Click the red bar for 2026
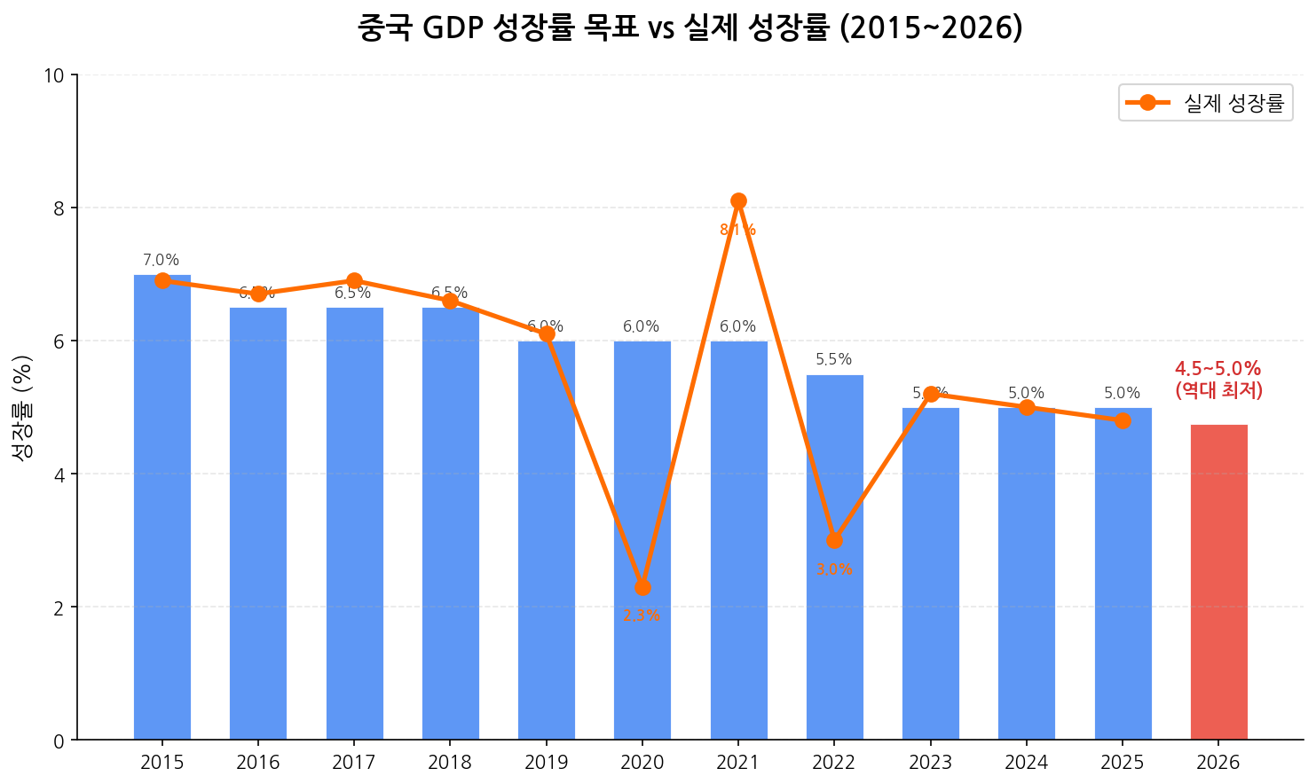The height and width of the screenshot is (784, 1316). pyautogui.click(x=1218, y=582)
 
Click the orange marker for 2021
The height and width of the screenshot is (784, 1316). pyautogui.click(x=738, y=201)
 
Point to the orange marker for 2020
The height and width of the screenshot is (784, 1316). pyautogui.click(x=642, y=587)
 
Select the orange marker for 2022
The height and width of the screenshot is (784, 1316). pyautogui.click(x=834, y=540)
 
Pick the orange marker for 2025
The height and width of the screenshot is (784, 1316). pyautogui.click(x=1123, y=420)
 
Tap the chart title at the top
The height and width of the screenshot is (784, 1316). pyautogui.click(x=690, y=28)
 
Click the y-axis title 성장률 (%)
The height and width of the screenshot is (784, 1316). pyautogui.click(x=22, y=407)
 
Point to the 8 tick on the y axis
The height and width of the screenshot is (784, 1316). pyautogui.click(x=59, y=208)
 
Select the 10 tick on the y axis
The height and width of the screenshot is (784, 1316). pyautogui.click(x=54, y=75)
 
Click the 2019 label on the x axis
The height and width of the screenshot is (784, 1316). pyautogui.click(x=546, y=763)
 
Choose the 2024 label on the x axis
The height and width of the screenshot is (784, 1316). pyautogui.click(x=1027, y=763)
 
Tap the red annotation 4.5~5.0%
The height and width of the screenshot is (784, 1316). pyautogui.click(x=1217, y=369)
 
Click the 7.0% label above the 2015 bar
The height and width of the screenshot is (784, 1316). pyautogui.click(x=162, y=261)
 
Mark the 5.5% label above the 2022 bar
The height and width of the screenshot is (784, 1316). pyautogui.click(x=833, y=360)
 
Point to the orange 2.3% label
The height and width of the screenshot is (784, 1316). pyautogui.click(x=642, y=615)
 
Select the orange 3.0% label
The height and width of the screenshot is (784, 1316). pyautogui.click(x=834, y=569)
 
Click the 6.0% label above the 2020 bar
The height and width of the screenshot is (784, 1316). pyautogui.click(x=642, y=327)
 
